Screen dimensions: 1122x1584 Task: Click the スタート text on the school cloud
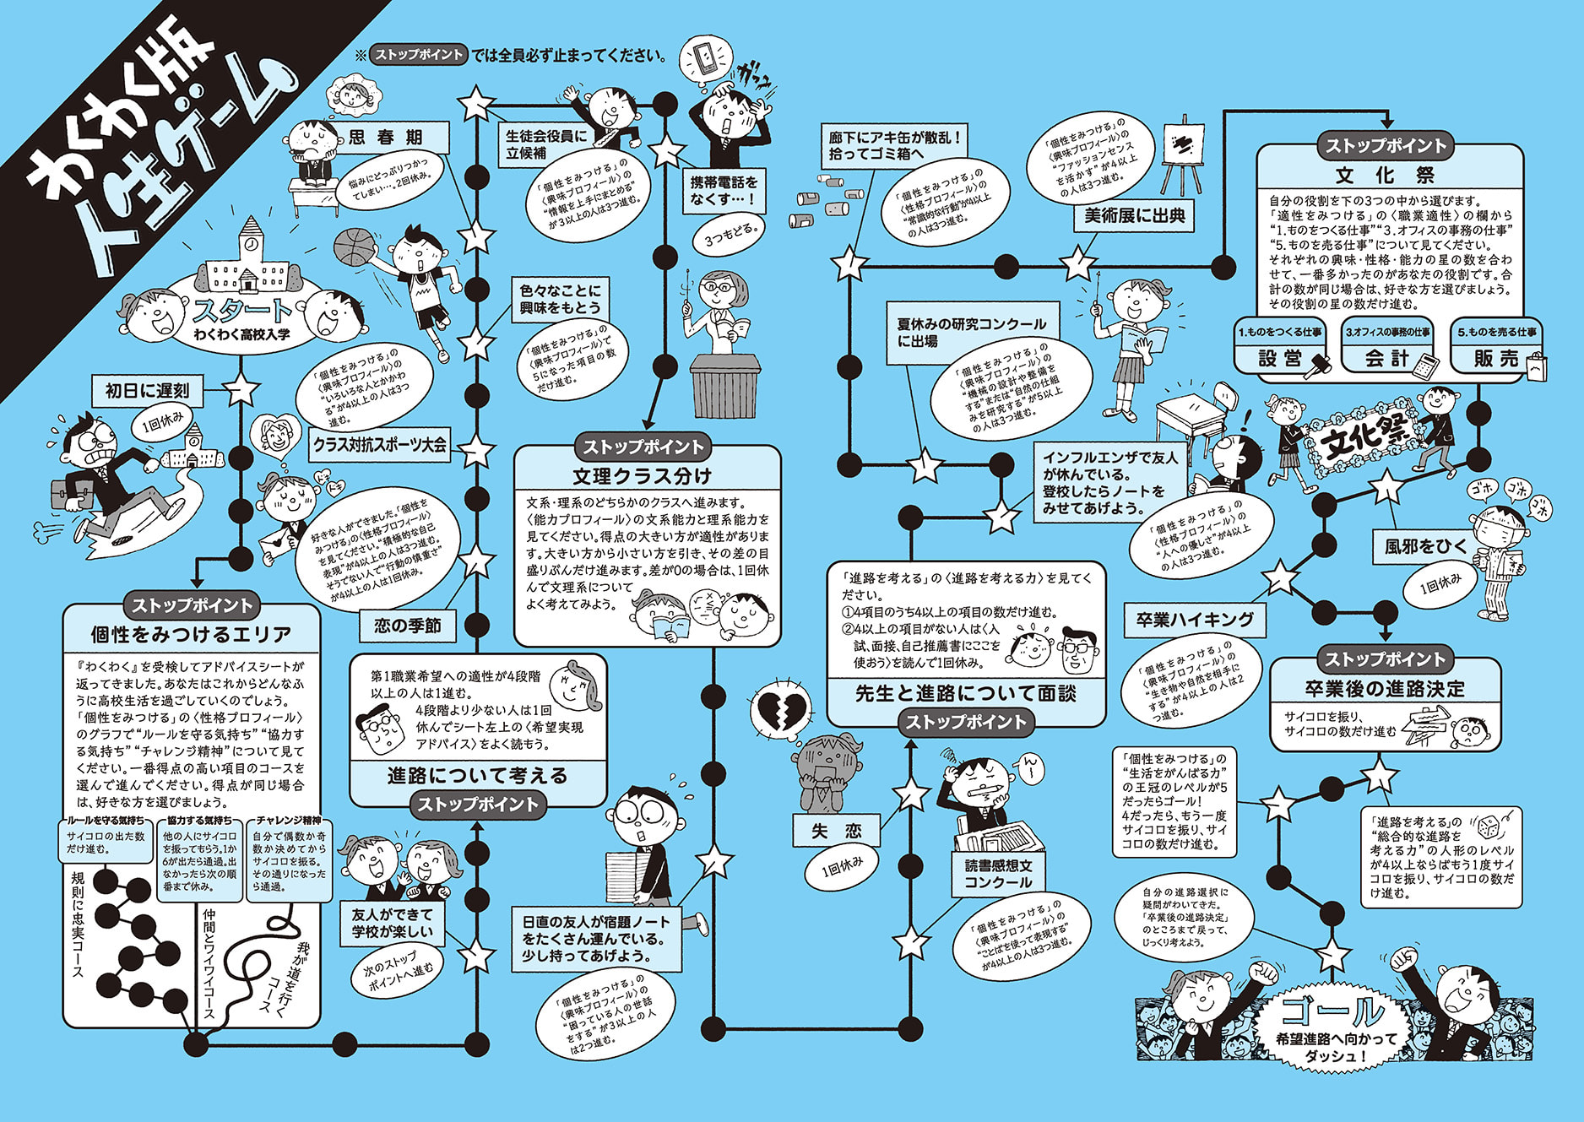pos(241,311)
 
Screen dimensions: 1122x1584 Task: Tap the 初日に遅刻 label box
pos(147,390)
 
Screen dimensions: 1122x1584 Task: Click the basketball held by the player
pos(355,247)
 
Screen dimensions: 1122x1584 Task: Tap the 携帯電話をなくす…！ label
pos(724,190)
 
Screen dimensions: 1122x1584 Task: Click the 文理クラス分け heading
pos(643,475)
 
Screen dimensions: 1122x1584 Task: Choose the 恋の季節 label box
pos(407,626)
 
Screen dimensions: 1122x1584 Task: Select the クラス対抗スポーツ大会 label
pos(379,444)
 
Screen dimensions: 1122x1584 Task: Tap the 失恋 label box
pos(836,831)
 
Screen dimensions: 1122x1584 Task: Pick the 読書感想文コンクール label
pos(998,874)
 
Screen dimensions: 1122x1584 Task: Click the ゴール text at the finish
pos(1332,1011)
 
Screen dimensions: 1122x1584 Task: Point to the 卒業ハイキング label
pos(1195,620)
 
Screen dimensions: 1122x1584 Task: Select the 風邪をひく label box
pos(1426,546)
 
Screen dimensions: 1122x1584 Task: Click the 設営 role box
pos(1280,358)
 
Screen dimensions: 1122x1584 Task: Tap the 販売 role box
pos(1496,358)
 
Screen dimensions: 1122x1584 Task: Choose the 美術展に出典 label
pos(1135,216)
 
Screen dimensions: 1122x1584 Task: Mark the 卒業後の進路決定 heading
pos(1385,688)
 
